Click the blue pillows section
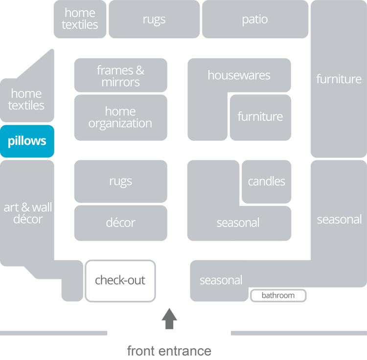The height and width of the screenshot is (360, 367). [27, 141]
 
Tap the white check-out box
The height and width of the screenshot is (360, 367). [121, 281]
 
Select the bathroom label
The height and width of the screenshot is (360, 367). [278, 295]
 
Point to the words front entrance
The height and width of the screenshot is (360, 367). [169, 351]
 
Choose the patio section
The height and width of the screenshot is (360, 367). [255, 20]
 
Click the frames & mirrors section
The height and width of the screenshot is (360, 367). [120, 76]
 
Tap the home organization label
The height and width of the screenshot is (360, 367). [120, 117]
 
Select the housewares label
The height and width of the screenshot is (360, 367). [239, 75]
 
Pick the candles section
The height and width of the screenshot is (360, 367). [266, 181]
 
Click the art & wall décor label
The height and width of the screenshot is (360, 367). [28, 213]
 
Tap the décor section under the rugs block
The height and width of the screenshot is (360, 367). [120, 223]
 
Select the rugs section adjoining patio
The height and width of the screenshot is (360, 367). [154, 20]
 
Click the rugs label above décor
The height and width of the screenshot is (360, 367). [120, 181]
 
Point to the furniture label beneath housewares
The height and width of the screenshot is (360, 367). [260, 117]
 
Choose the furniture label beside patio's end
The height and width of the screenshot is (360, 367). [339, 79]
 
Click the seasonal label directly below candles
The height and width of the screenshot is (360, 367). [238, 223]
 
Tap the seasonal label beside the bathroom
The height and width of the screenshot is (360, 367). [221, 281]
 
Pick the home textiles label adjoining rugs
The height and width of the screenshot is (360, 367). [80, 19]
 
